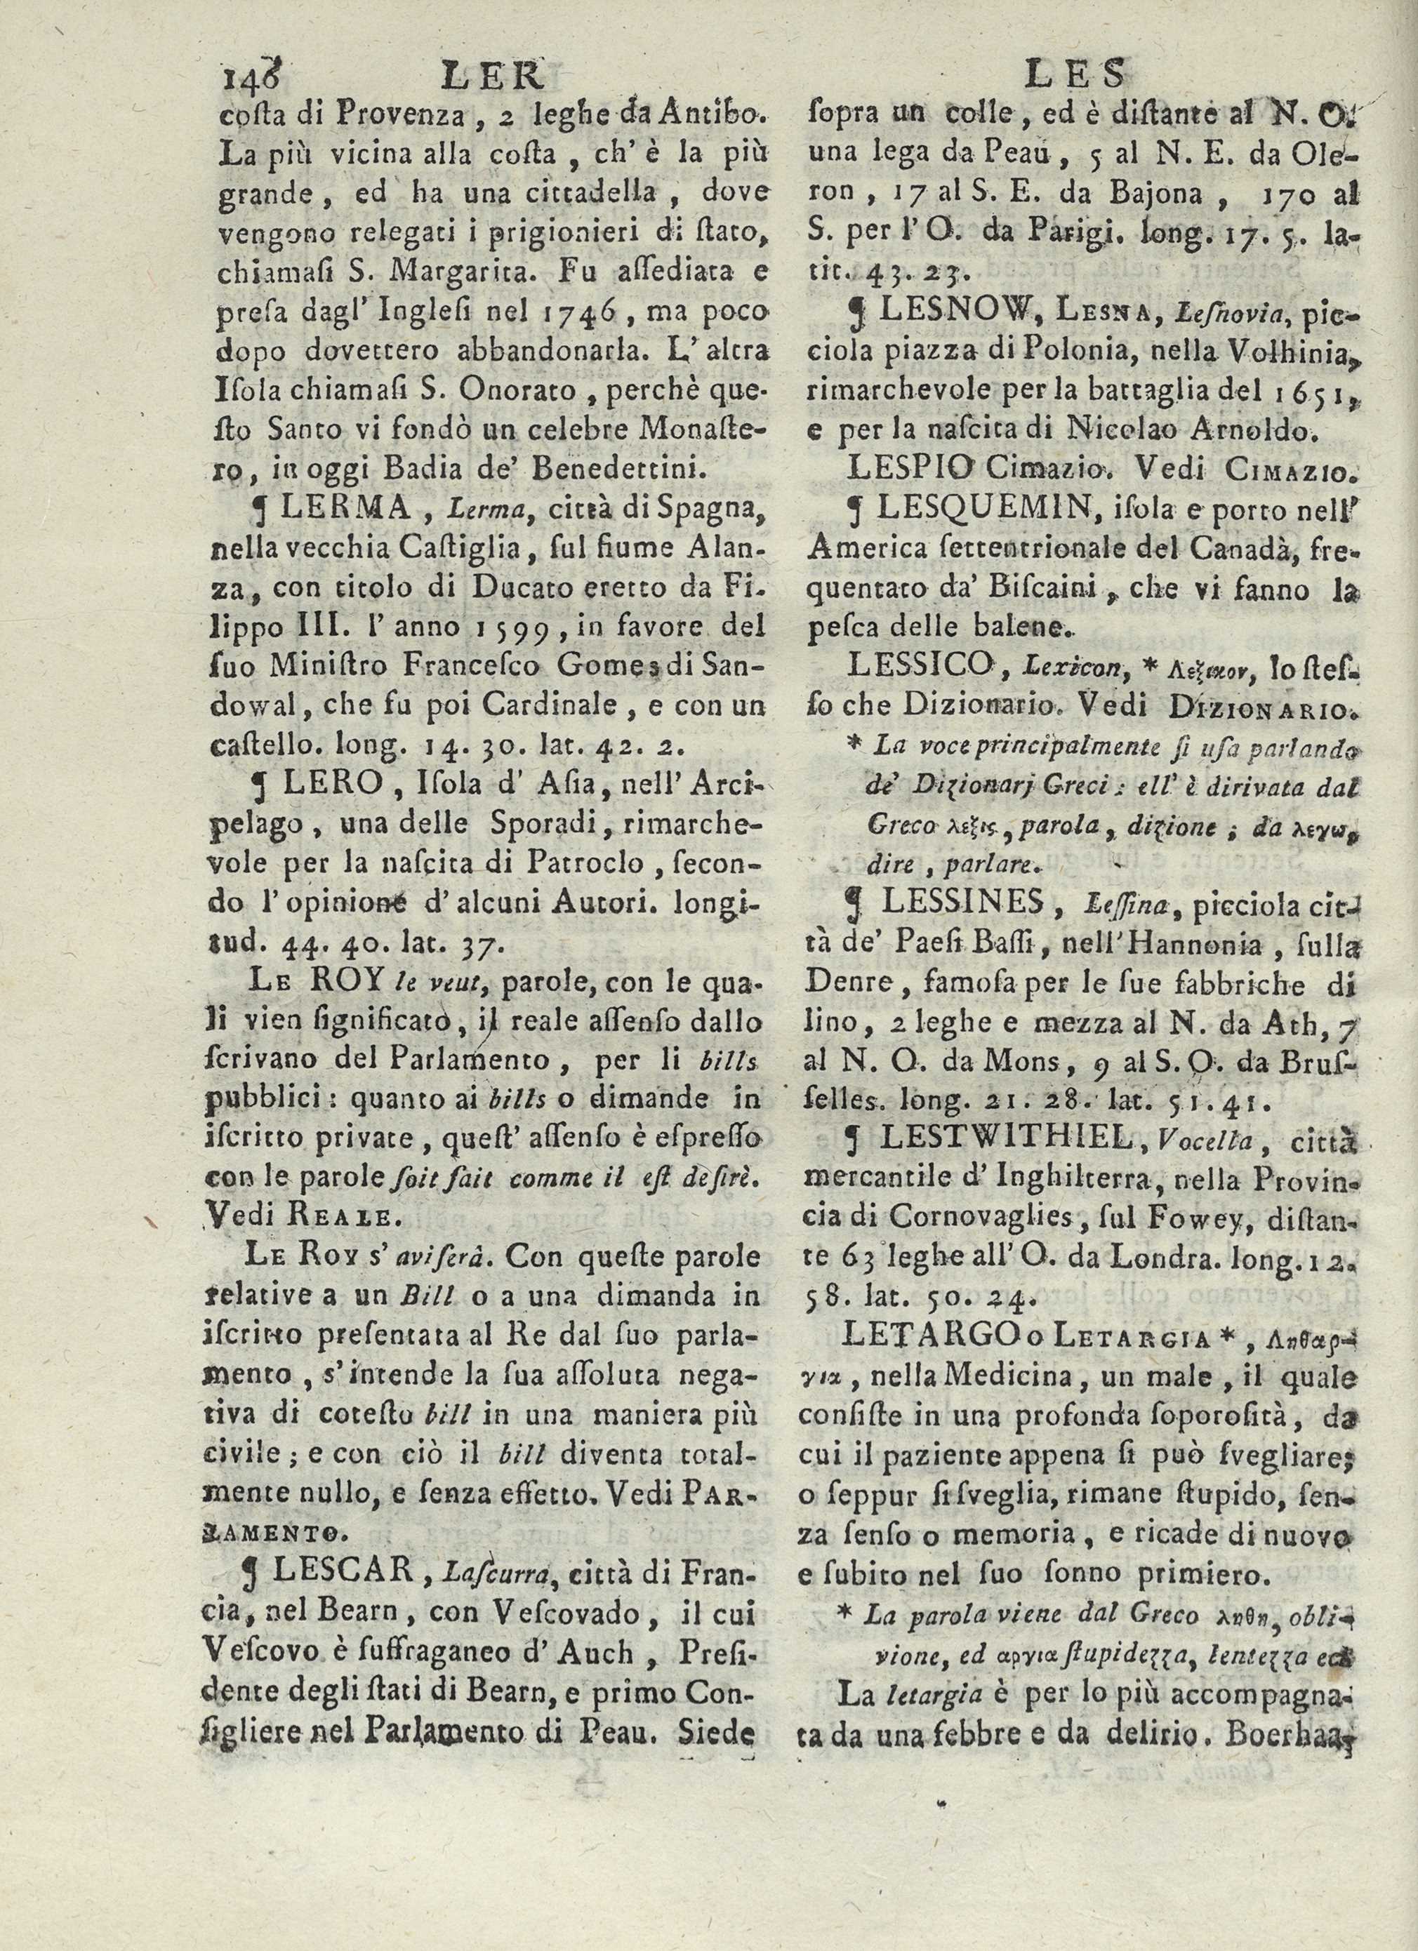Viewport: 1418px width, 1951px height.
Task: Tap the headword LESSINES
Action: (x=946, y=900)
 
